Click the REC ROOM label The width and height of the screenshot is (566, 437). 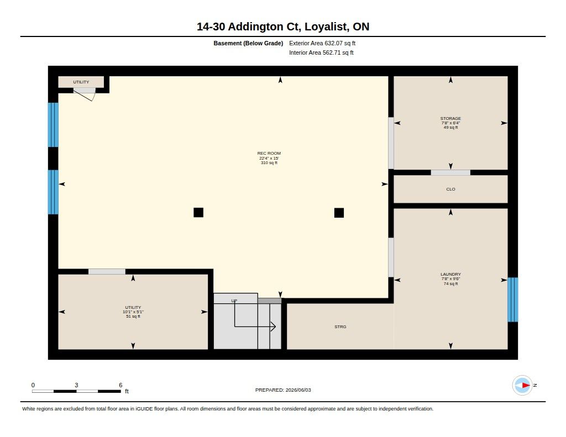click(269, 154)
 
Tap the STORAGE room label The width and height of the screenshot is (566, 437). click(450, 118)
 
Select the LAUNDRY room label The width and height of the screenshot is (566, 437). click(450, 274)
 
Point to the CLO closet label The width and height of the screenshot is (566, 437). click(450, 189)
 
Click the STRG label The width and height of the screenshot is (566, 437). click(340, 327)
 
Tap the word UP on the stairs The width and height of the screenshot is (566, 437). click(234, 301)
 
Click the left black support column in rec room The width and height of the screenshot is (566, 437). click(198, 213)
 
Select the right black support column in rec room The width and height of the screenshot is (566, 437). click(339, 213)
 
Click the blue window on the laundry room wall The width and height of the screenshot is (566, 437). click(512, 299)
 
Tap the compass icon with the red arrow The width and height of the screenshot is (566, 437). click(522, 386)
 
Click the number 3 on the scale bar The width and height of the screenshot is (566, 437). click(76, 385)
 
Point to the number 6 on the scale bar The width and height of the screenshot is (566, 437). click(120, 385)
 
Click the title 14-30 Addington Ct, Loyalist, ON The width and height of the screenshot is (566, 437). click(283, 27)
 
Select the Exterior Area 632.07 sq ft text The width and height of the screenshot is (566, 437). click(322, 43)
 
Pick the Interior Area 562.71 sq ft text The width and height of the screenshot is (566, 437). click(321, 52)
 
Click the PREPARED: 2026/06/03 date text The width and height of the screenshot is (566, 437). click(283, 390)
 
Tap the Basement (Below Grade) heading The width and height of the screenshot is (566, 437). click(248, 43)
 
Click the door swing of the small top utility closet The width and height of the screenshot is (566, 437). click(85, 94)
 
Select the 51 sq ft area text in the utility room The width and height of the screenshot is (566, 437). click(133, 317)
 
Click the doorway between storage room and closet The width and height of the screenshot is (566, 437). click(450, 172)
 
